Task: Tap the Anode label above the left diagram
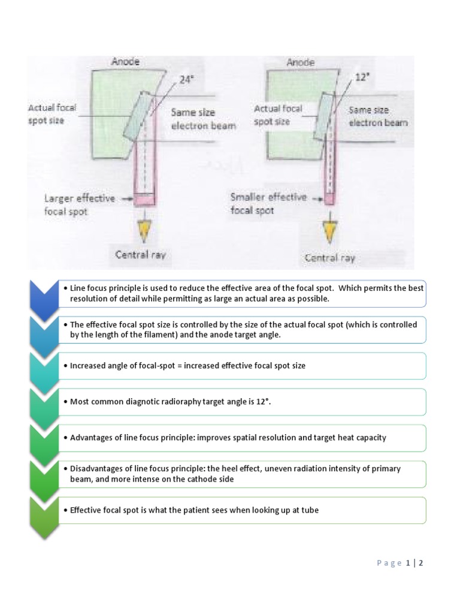coord(125,62)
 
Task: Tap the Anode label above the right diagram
coord(301,62)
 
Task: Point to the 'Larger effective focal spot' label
coord(79,204)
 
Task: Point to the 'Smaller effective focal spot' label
coord(268,203)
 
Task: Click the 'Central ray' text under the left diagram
coord(140,255)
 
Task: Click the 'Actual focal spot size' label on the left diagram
coord(52,113)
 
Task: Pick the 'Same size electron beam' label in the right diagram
coord(378,116)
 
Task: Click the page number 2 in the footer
coord(421,563)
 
